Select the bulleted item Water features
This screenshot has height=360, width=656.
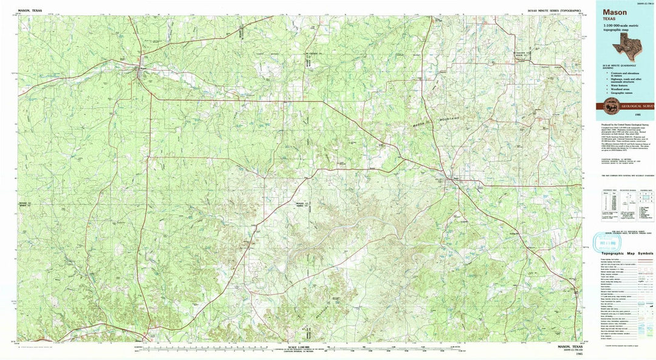point(617,86)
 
